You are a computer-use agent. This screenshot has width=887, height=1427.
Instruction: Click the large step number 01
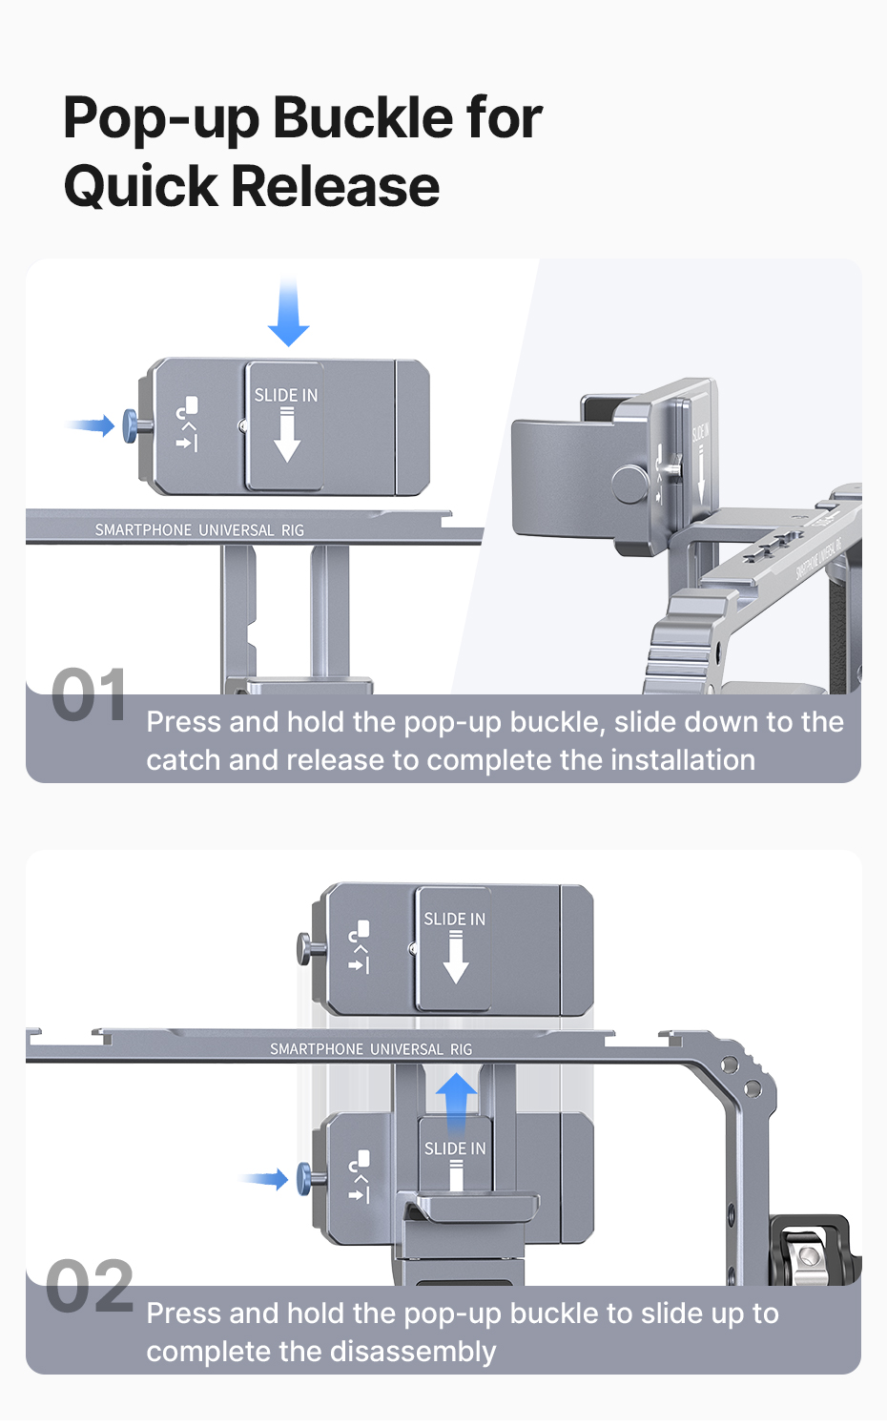click(89, 695)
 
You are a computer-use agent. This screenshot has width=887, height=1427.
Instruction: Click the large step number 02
click(90, 1286)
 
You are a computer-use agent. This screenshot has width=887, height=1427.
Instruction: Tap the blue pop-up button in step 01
click(131, 425)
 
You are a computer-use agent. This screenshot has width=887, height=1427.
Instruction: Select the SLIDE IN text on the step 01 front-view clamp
click(285, 395)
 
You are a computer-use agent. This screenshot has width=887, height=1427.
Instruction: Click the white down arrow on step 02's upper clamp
click(456, 959)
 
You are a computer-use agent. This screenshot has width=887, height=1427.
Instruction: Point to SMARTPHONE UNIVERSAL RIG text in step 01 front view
click(199, 530)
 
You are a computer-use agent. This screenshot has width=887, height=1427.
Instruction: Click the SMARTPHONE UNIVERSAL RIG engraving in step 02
click(371, 1049)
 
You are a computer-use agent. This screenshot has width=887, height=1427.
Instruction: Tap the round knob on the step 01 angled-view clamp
click(629, 483)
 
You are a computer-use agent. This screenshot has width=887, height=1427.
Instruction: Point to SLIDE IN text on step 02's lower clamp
click(455, 1148)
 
